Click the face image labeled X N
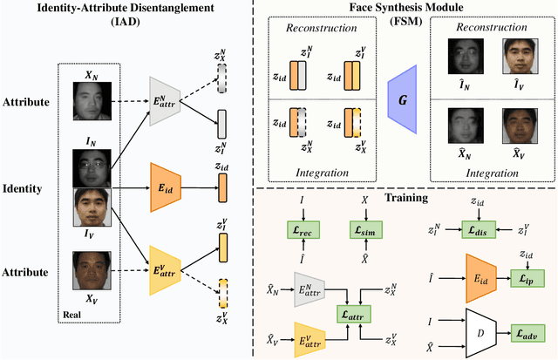pyautogui.click(x=92, y=100)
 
